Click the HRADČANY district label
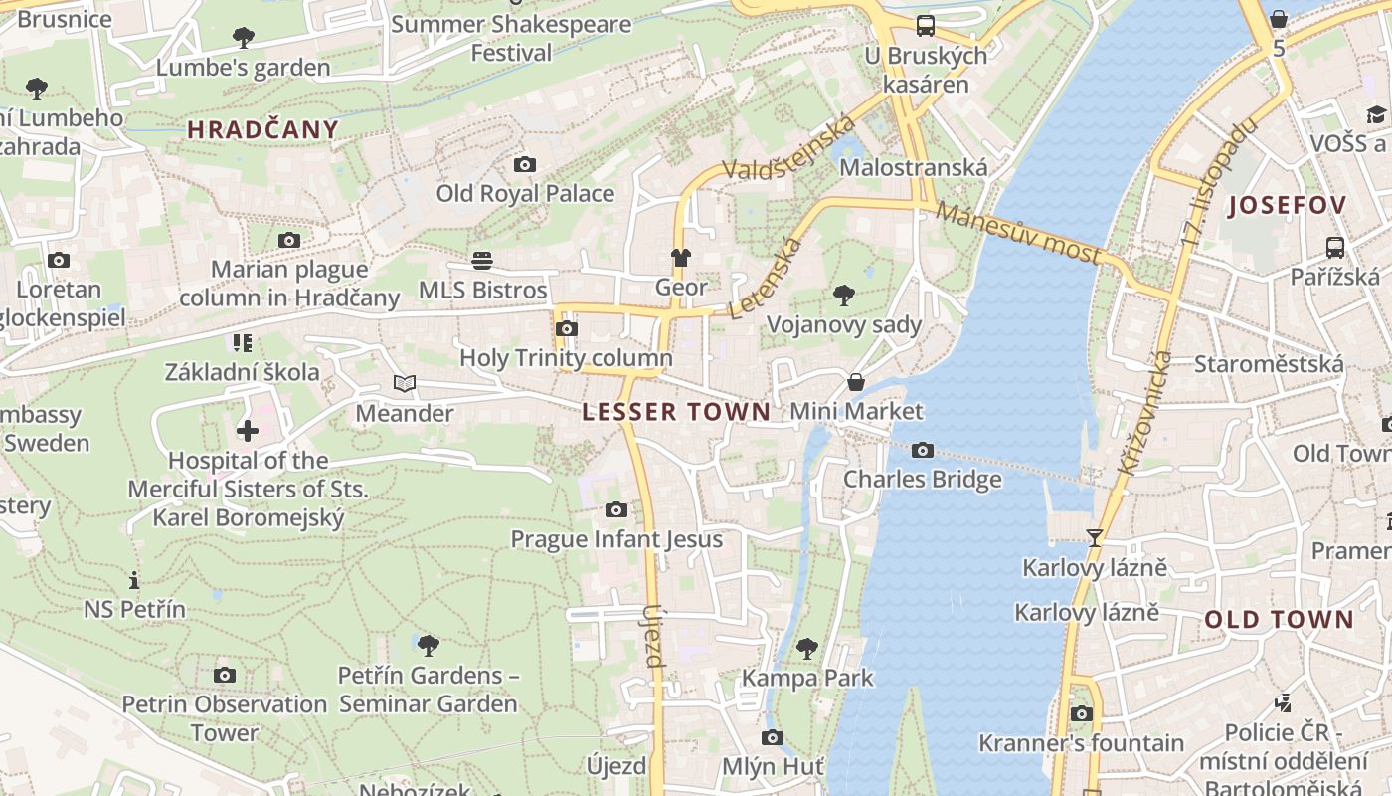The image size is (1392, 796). click(x=263, y=129)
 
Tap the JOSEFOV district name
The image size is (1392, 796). click(x=1288, y=206)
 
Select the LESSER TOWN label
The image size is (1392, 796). click(x=676, y=412)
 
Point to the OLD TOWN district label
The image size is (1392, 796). click(x=1280, y=620)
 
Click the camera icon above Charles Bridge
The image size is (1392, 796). click(x=923, y=451)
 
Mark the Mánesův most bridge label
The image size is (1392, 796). click(x=1019, y=235)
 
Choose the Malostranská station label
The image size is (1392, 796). click(x=914, y=167)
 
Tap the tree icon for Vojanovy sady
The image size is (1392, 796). click(x=844, y=295)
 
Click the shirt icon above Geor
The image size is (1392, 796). click(x=680, y=258)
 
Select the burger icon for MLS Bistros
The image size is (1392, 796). click(x=482, y=261)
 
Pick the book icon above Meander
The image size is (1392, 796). click(x=404, y=384)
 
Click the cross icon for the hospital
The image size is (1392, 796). click(x=248, y=431)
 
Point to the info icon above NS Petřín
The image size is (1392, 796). click(x=134, y=580)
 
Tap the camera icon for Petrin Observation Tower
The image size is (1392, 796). click(x=225, y=676)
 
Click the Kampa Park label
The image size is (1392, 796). click(x=807, y=679)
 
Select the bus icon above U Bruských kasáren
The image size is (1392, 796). click(x=926, y=26)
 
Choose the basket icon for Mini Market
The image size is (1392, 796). click(x=855, y=382)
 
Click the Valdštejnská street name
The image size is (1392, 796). click(x=788, y=149)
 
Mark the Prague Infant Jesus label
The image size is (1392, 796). click(x=616, y=539)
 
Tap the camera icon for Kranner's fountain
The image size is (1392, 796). click(x=1082, y=713)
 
